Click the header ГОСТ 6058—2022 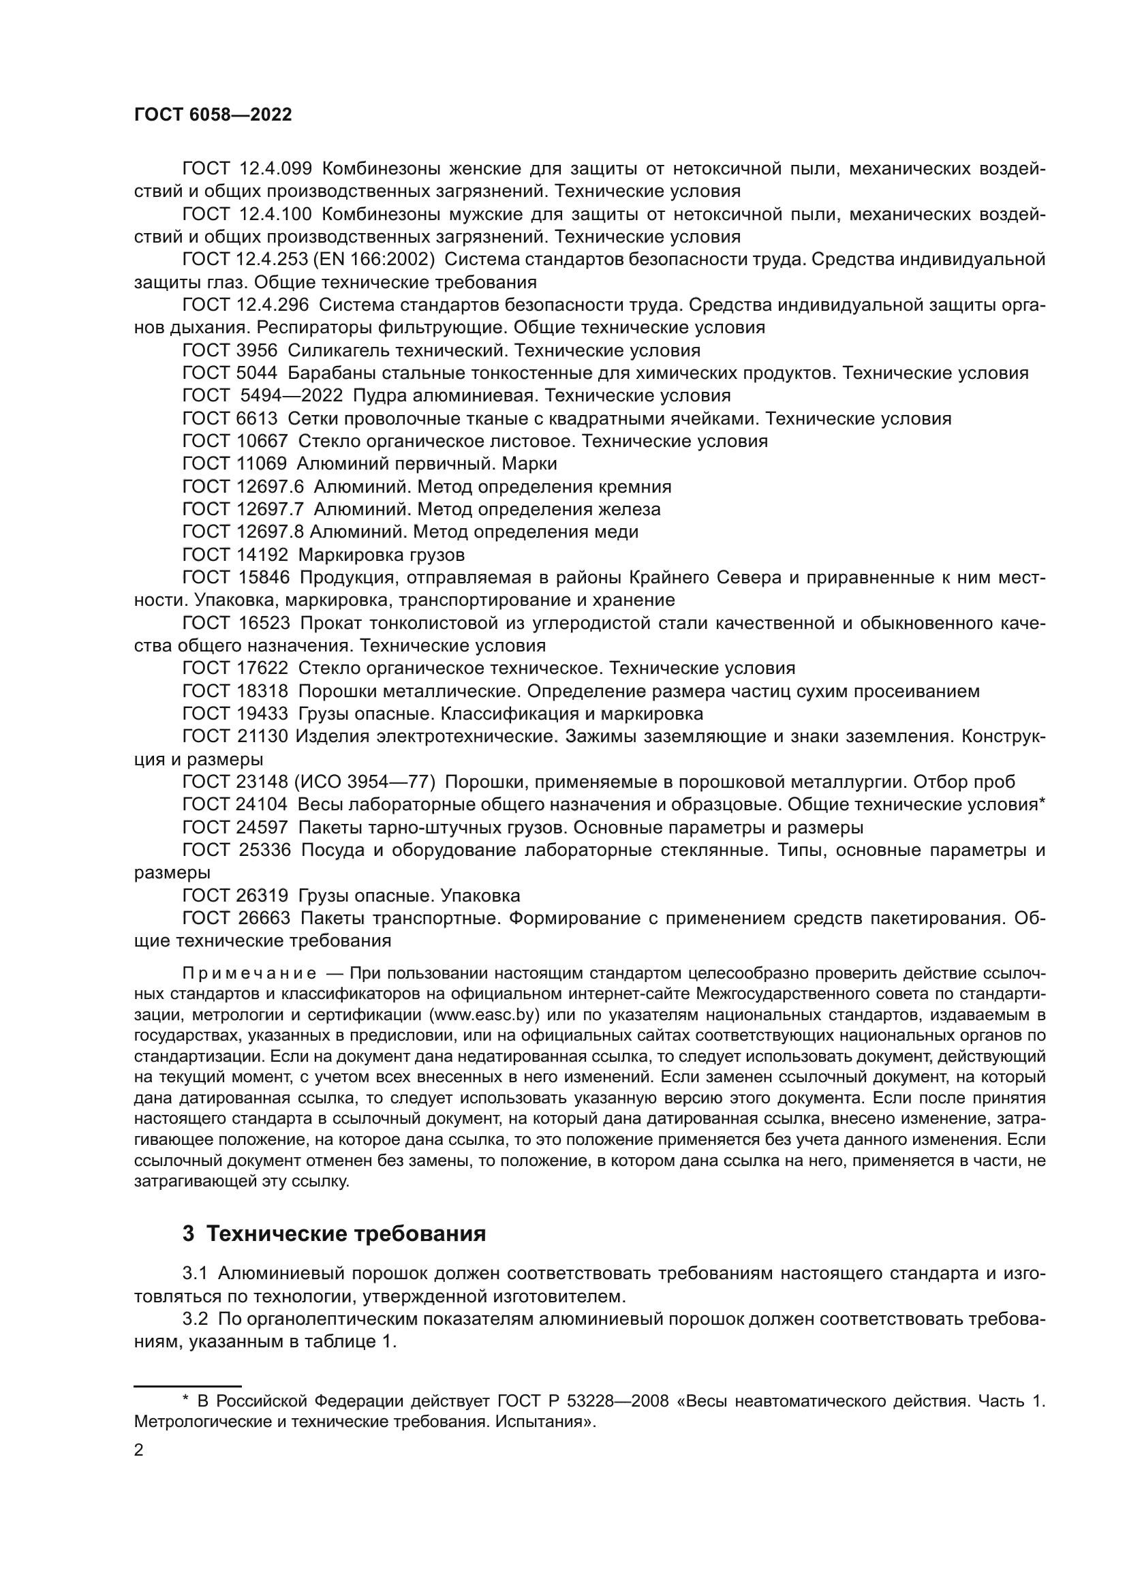coord(213,115)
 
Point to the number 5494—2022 coord(292,396)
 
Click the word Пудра coord(379,396)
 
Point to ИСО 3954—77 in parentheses coord(365,782)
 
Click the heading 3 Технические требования coord(334,1233)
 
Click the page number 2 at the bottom coord(139,1450)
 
